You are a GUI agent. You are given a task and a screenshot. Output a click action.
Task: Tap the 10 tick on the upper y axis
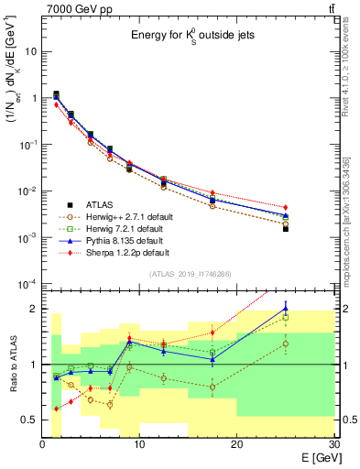(x=31, y=51)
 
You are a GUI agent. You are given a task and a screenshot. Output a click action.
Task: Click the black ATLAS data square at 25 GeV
(x=285, y=229)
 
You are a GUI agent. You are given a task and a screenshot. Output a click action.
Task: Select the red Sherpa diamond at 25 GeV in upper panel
(x=285, y=208)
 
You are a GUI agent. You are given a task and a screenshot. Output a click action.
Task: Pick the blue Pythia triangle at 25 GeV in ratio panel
(x=285, y=308)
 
